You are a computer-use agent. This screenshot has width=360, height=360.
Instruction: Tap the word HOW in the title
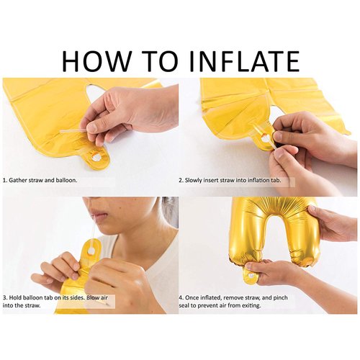click(96, 60)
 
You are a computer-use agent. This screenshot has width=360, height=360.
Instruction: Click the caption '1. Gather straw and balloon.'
click(40, 180)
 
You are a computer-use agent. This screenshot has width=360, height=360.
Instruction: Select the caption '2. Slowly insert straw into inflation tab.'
click(230, 180)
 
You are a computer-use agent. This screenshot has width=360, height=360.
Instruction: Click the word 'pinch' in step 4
click(280, 298)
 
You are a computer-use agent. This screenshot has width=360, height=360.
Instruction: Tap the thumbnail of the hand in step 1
click(91, 127)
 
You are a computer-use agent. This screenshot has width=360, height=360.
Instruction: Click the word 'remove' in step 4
click(240, 298)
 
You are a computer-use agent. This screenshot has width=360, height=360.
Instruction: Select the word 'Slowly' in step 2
click(194, 180)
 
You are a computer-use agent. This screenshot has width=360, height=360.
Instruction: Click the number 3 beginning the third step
click(4, 297)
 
